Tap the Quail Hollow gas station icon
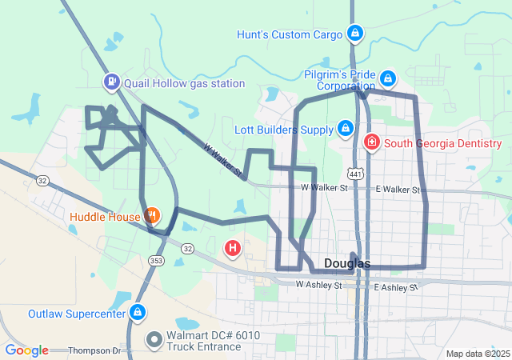pyautogui.click(x=111, y=82)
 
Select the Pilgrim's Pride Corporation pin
pyautogui.click(x=388, y=78)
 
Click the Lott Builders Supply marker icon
pyautogui.click(x=346, y=128)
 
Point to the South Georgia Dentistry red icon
pyautogui.click(x=372, y=143)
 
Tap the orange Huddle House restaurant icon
pyautogui.click(x=151, y=214)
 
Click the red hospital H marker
pyautogui.click(x=232, y=249)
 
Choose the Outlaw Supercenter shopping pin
pyautogui.click(x=138, y=311)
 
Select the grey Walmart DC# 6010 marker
pyautogui.click(x=153, y=341)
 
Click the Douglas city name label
pyautogui.click(x=347, y=264)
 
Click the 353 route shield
pyautogui.click(x=157, y=260)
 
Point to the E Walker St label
pyautogui.click(x=398, y=189)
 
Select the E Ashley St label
pyautogui.click(x=395, y=286)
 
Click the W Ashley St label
pyautogui.click(x=318, y=284)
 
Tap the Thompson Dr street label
pyautogui.click(x=94, y=350)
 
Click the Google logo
pyautogui.click(x=26, y=350)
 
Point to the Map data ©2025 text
pyautogui.click(x=477, y=354)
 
